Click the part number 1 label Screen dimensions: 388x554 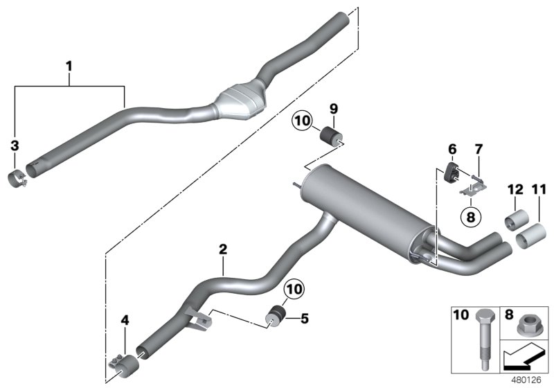(x=69, y=66)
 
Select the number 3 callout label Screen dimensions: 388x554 (x=15, y=145)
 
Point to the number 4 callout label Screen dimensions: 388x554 (x=125, y=320)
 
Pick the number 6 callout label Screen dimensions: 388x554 (x=452, y=148)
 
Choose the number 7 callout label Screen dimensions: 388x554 (x=478, y=148)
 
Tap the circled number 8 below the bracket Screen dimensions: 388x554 (x=471, y=217)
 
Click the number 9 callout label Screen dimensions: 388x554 (x=333, y=108)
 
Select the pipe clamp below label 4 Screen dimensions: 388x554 (x=120, y=362)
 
